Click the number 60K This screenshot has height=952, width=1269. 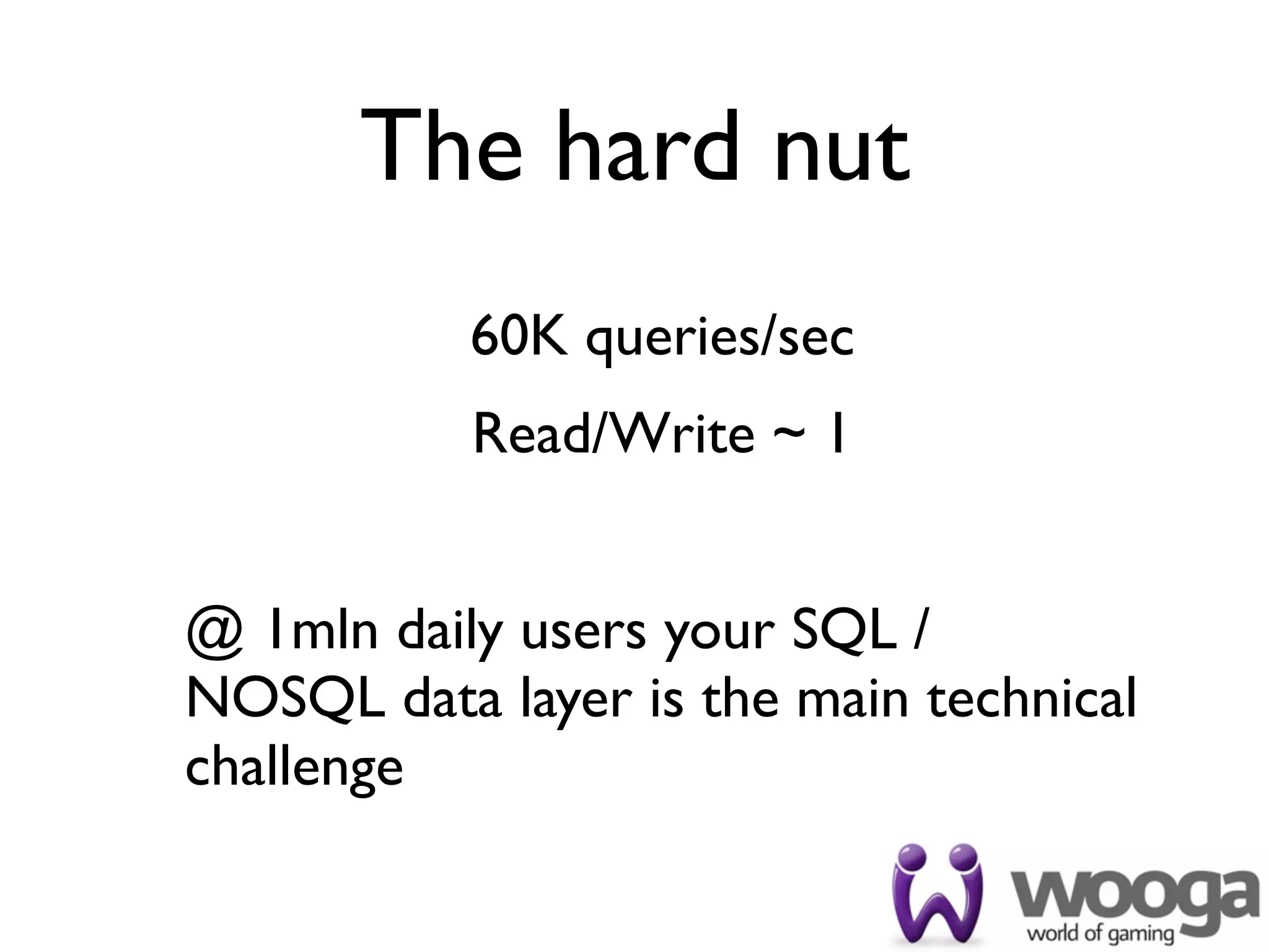pos(519,338)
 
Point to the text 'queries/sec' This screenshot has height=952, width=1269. pos(719,341)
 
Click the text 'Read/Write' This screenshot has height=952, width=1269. pos(613,434)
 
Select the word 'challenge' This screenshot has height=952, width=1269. pos(294,769)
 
